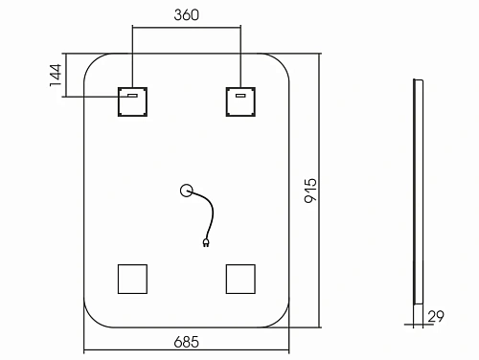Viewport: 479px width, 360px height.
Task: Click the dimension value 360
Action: click(186, 15)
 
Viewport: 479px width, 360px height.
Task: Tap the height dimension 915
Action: click(310, 191)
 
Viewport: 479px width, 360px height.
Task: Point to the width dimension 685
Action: click(188, 339)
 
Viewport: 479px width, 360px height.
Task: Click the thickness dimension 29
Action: click(438, 315)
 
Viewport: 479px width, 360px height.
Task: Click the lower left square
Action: click(131, 279)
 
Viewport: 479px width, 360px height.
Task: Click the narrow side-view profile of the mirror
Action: click(417, 191)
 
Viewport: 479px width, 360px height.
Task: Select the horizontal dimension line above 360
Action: click(186, 28)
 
